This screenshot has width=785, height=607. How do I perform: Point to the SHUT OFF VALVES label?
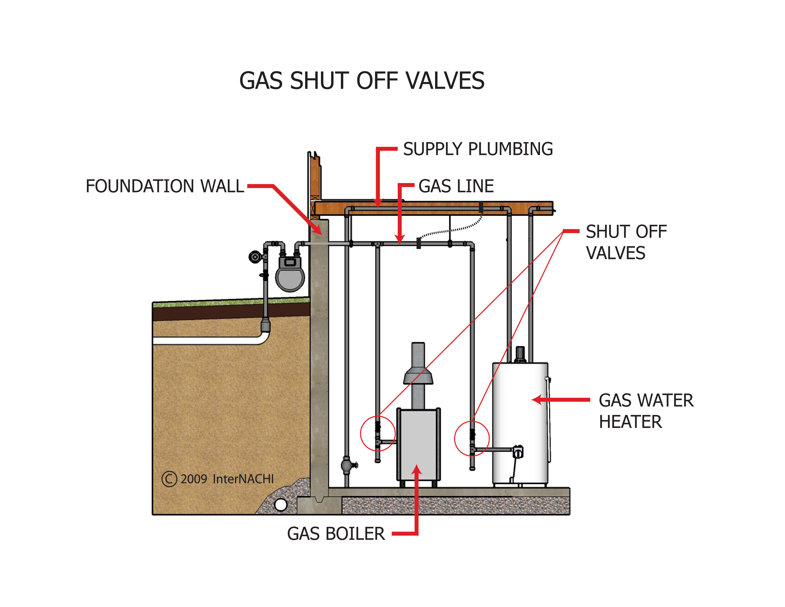tap(626, 242)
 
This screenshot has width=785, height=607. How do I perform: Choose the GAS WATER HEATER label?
tap(646, 411)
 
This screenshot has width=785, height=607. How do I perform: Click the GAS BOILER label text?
tap(336, 534)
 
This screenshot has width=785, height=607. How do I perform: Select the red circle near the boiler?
tap(378, 433)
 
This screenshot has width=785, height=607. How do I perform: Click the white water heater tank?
tap(520, 413)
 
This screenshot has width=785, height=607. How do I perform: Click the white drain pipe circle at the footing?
tap(280, 504)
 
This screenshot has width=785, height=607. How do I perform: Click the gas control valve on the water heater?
tap(518, 452)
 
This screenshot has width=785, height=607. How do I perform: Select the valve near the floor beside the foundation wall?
tap(347, 465)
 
